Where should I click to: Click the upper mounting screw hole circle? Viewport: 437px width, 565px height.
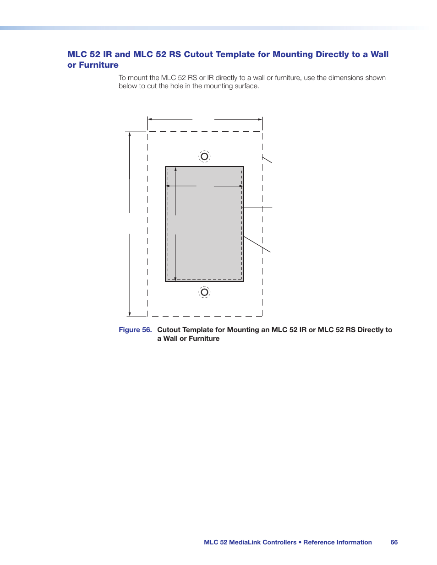[204, 156]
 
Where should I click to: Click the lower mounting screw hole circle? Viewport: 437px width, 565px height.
[204, 292]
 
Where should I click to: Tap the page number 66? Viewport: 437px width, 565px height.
[394, 542]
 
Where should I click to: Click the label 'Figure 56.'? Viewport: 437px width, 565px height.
[135, 330]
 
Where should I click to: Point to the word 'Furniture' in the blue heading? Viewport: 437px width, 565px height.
[98, 65]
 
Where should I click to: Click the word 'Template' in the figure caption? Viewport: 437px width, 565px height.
[198, 330]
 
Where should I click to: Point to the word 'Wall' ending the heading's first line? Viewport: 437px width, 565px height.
[379, 54]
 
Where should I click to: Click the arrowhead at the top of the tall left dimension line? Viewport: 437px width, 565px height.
[130, 134]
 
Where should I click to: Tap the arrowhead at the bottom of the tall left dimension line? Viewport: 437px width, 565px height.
[130, 314]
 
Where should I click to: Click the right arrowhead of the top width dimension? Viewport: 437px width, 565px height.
[260, 119]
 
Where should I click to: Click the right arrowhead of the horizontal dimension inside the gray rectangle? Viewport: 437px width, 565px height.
[241, 186]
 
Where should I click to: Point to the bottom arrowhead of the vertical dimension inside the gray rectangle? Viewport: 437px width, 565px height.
[175, 279]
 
